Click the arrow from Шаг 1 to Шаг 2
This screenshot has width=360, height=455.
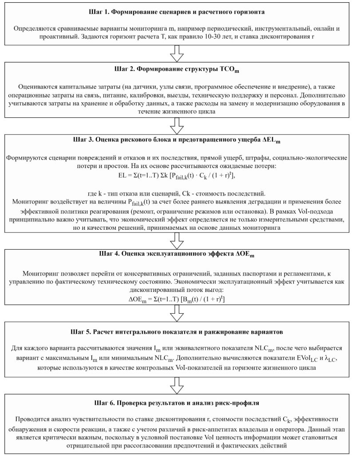[178, 53]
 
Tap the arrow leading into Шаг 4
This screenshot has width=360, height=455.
[178, 240]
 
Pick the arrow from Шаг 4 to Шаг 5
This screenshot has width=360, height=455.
[178, 313]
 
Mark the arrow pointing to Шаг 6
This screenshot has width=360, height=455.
[178, 386]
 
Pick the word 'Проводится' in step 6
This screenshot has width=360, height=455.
[34, 419]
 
